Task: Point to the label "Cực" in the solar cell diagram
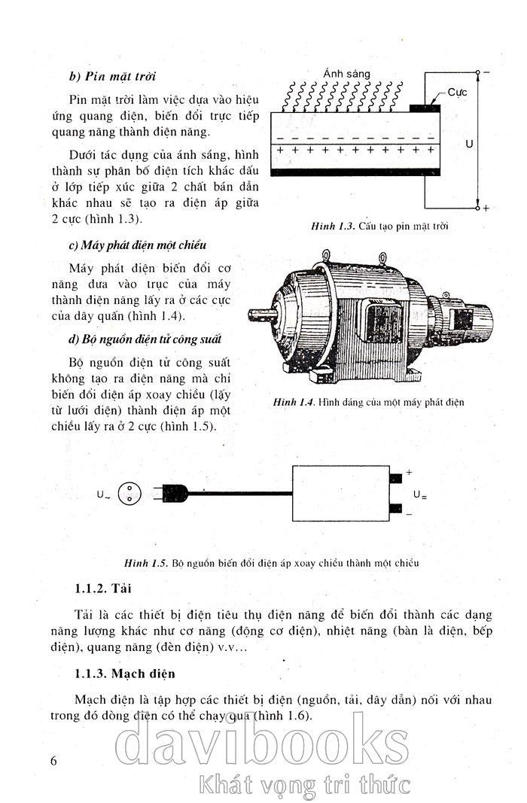(458, 92)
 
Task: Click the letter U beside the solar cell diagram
(468, 142)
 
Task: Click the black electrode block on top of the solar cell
(425, 108)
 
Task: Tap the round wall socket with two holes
(130, 494)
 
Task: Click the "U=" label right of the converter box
(419, 495)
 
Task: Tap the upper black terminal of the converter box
(396, 478)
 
